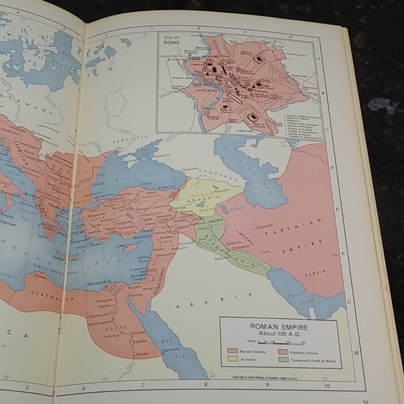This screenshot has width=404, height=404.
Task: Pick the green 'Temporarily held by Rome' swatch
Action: pyautogui.click(x=283, y=359)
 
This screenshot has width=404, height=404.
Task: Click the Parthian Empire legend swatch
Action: pyautogui.click(x=283, y=350)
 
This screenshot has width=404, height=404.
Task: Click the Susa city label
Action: pyautogui.click(x=265, y=250)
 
